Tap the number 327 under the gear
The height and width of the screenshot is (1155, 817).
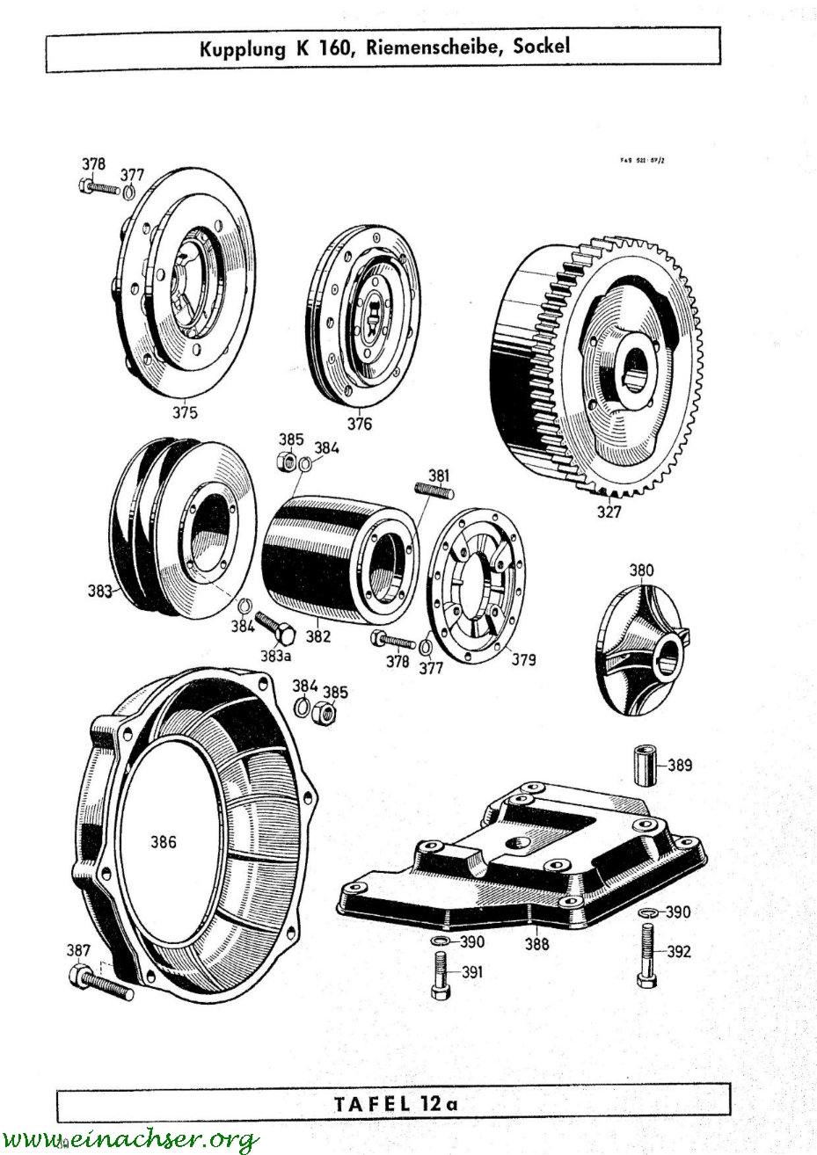[x=609, y=513]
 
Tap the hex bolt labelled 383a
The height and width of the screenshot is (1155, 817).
[x=267, y=631]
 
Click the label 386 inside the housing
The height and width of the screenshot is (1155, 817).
[x=164, y=842]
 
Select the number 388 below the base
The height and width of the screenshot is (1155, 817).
[x=536, y=944]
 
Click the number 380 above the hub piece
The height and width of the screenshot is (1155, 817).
[x=641, y=570]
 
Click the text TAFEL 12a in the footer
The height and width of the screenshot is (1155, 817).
[x=397, y=1103]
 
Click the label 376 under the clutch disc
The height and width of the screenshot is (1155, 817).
[x=358, y=424]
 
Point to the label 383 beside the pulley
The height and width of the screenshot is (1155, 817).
[x=99, y=592]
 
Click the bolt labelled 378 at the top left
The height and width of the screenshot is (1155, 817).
[x=102, y=187]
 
